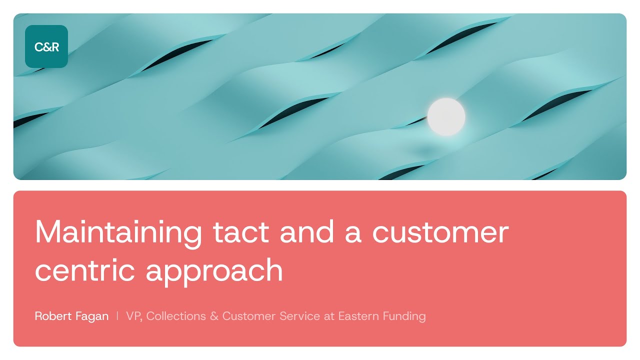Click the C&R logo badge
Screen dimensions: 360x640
tap(46, 46)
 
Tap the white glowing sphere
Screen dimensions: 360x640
tap(446, 117)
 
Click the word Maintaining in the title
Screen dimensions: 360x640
tap(118, 232)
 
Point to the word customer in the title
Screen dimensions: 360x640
tap(440, 232)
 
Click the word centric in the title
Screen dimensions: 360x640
tap(85, 270)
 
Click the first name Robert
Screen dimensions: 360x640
tap(51, 316)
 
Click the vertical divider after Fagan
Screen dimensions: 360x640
tap(117, 316)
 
